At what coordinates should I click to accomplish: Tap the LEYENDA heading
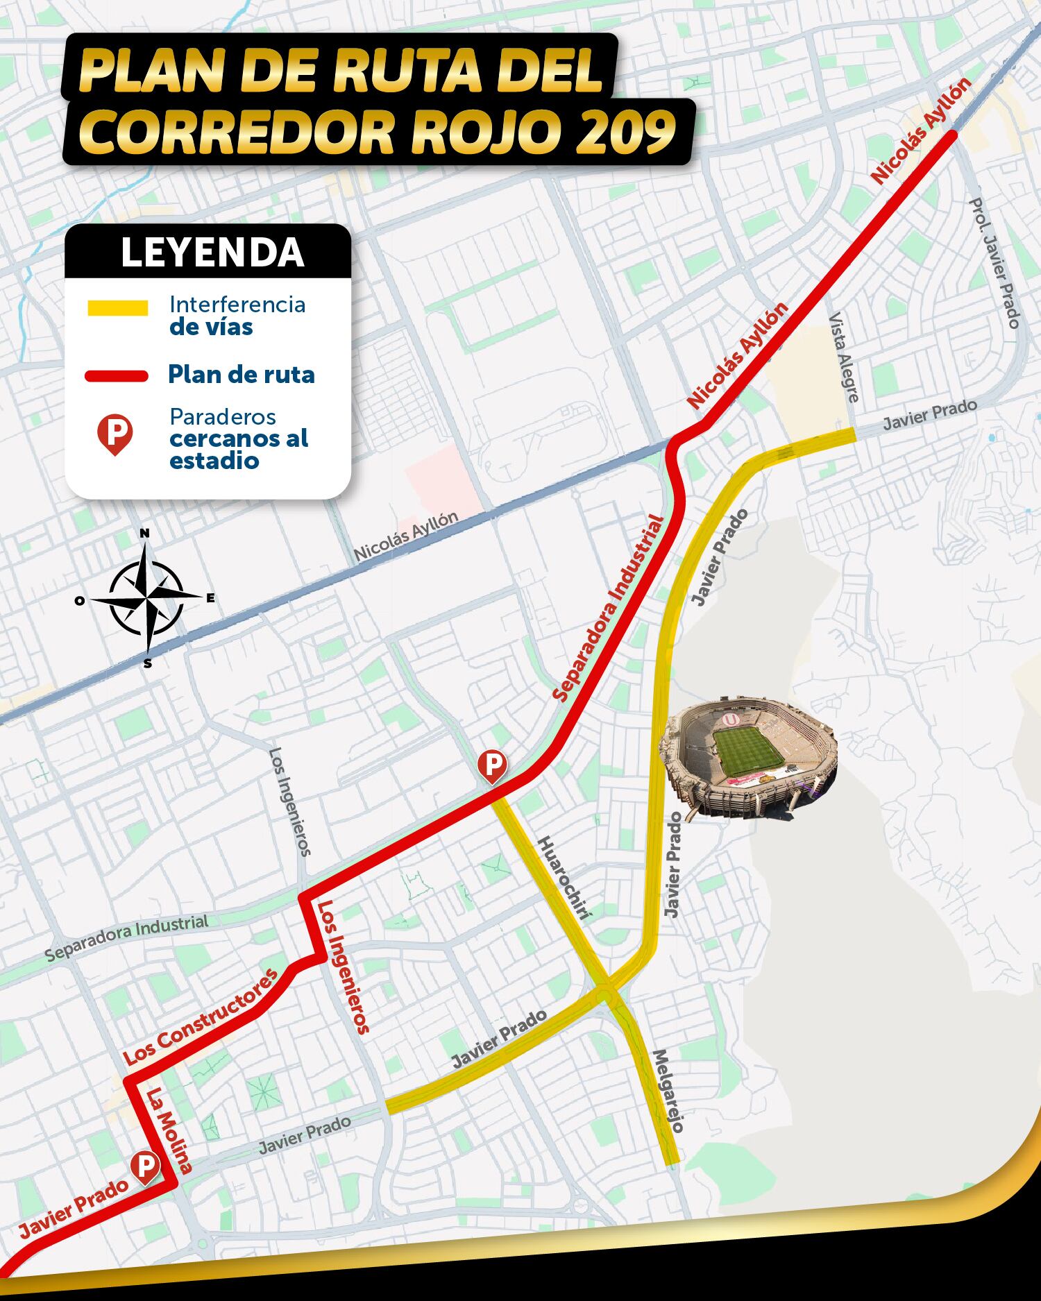click(212, 253)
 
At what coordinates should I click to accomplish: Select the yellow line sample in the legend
click(117, 308)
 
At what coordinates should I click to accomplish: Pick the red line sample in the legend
click(117, 376)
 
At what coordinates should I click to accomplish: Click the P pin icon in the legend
click(115, 434)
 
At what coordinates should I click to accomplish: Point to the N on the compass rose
click(144, 533)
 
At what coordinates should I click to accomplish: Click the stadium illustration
click(750, 760)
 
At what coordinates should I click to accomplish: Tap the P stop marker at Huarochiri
click(492, 765)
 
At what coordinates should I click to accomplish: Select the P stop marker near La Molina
click(145, 1167)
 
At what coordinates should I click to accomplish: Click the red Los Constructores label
click(201, 1016)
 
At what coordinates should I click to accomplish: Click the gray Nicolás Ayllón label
click(406, 536)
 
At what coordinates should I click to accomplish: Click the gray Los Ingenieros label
click(290, 801)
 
